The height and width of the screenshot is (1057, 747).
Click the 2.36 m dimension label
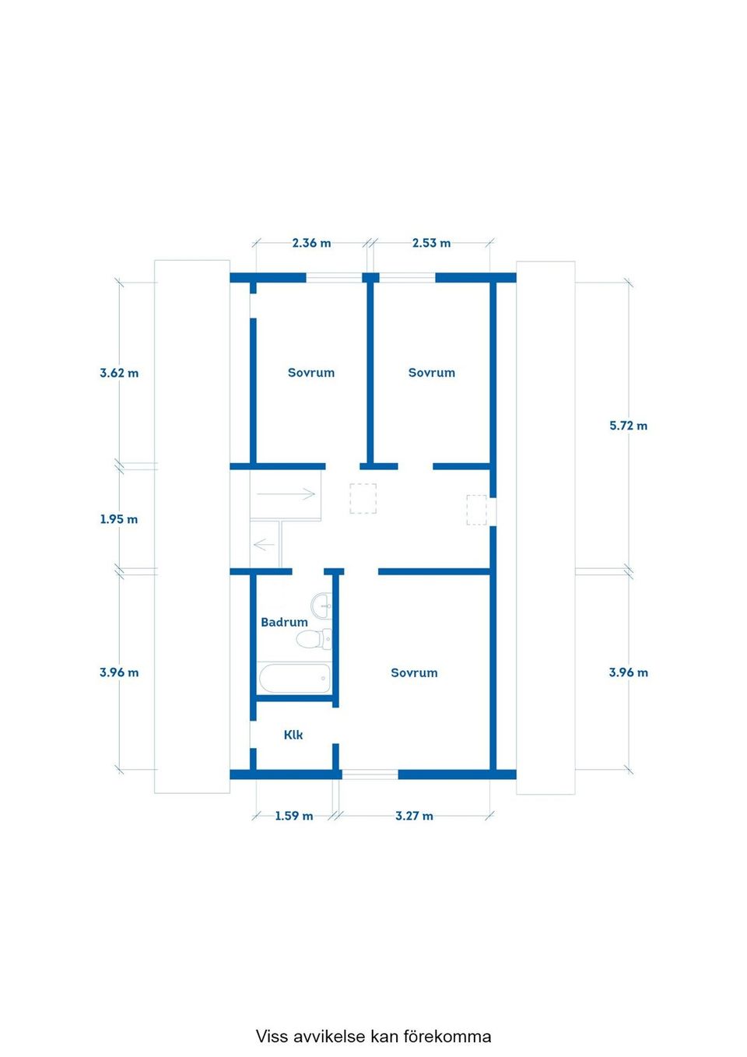311,243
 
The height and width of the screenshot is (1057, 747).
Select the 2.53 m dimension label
431,243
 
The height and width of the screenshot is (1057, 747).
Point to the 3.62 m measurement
119,373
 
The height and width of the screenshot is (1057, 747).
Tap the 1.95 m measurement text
119,519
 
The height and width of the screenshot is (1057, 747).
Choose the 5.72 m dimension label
628,426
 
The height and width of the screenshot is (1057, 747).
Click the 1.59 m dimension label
293,816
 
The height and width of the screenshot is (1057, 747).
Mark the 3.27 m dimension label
414,816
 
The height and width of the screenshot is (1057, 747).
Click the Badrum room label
284,622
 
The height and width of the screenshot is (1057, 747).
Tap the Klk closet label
293,735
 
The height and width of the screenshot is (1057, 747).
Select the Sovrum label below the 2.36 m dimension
311,373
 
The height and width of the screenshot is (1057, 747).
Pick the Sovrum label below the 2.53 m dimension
432,373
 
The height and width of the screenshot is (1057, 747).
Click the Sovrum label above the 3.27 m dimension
414,672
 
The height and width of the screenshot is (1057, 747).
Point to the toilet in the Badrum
312,640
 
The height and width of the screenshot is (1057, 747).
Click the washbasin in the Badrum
321,604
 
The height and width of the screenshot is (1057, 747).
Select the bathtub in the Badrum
294,678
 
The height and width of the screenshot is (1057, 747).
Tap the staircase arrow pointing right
286,493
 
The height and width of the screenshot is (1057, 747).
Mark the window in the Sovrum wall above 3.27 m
370,774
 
